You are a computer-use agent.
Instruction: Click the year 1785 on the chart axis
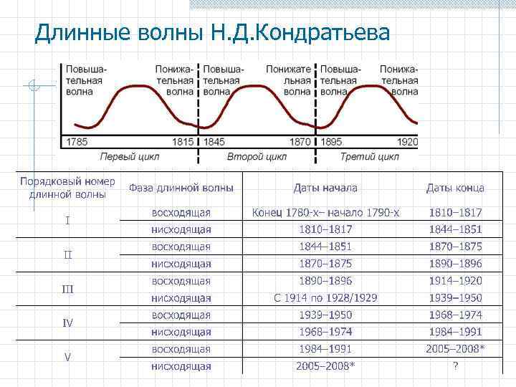[x=77, y=142]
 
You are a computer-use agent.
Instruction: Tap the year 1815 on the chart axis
[x=183, y=142]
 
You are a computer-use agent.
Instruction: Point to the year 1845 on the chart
[x=214, y=142]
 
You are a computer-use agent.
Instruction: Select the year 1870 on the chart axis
[x=300, y=142]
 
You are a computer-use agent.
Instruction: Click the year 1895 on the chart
[x=331, y=142]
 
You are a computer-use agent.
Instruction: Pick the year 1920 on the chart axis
[x=406, y=142]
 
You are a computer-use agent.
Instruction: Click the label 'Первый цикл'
[x=129, y=156]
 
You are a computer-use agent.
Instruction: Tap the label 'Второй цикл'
[x=257, y=156]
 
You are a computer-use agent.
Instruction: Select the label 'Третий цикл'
[x=370, y=156]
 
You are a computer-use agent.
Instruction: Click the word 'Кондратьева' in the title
[x=325, y=33]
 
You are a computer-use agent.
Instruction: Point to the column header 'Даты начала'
[x=325, y=188]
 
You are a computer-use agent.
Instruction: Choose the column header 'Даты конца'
[x=455, y=188]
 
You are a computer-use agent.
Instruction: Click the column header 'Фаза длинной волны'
[x=181, y=188]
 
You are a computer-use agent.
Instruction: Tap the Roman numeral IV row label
[x=67, y=323]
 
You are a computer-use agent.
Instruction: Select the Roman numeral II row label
[x=67, y=255]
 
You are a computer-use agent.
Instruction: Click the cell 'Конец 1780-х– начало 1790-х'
[x=325, y=213]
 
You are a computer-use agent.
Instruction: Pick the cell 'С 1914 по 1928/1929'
[x=325, y=298]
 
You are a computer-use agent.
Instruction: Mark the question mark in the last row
[x=455, y=366]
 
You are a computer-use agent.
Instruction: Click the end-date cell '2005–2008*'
[x=455, y=349]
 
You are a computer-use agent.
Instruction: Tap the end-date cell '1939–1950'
[x=455, y=298]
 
